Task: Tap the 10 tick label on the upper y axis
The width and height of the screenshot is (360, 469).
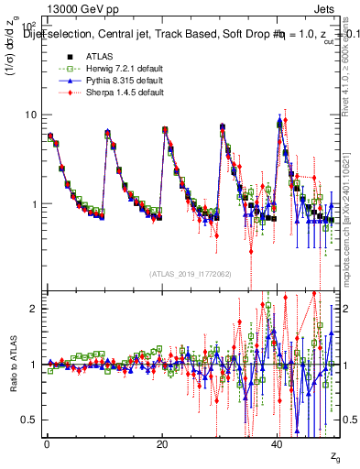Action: point(30,115)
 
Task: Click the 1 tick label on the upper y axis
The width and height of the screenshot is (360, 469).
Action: point(33,203)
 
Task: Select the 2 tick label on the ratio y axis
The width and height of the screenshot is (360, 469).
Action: point(33,309)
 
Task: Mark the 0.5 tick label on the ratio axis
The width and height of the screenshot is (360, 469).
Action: point(29,420)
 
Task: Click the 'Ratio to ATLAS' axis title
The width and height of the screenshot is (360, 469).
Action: point(12,365)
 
